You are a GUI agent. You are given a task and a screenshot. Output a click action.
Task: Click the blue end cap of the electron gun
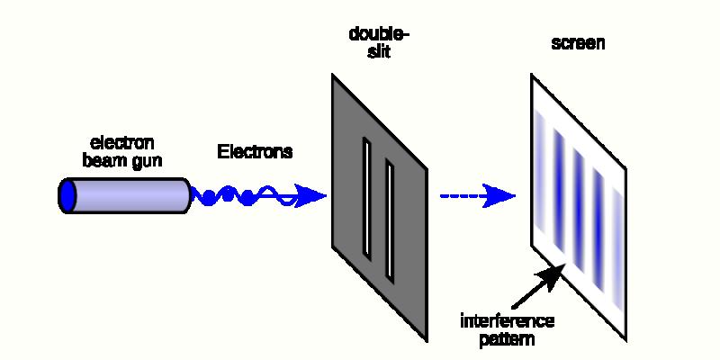[x=67, y=195]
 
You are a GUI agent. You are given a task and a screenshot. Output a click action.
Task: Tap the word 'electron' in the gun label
[x=123, y=142]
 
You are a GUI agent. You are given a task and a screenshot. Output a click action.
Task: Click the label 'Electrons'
[x=255, y=151]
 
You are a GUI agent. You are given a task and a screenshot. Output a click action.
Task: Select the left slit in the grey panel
[x=367, y=196]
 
